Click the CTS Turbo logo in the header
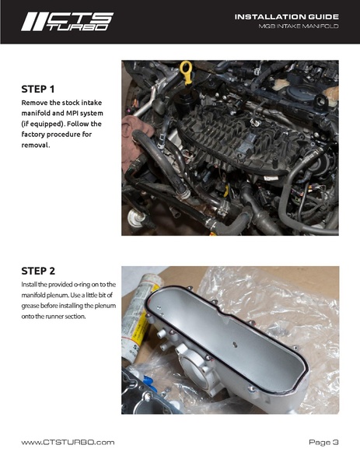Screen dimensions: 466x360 (x=66, y=22)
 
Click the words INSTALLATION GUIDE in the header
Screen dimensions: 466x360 (x=286, y=16)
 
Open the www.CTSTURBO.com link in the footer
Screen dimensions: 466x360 (x=68, y=442)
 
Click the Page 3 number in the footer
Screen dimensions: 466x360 (x=323, y=442)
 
